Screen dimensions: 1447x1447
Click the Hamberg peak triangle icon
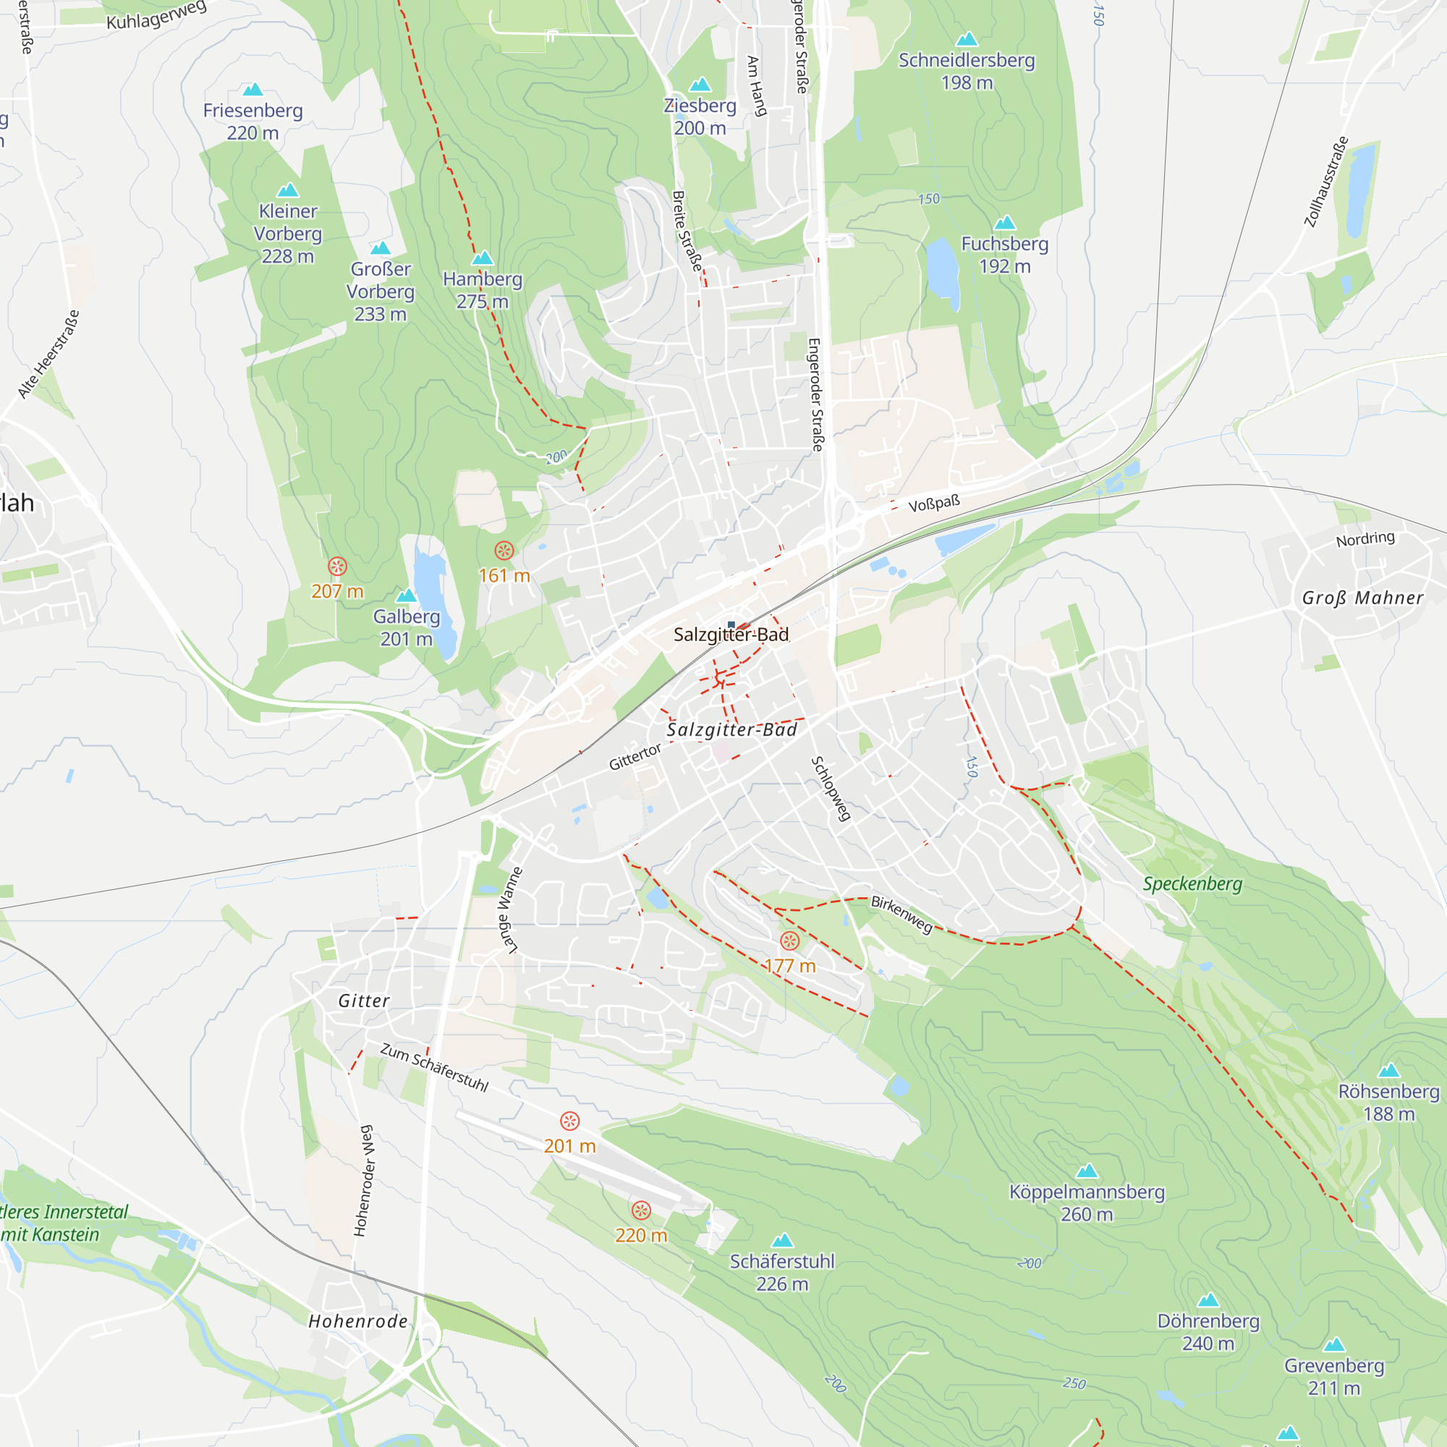483,258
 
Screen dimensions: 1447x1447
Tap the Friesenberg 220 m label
253,121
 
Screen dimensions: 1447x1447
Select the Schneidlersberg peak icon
967,39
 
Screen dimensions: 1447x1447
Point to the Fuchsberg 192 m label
1004,255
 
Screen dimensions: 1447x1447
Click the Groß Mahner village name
1362,598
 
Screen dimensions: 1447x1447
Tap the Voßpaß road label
934,503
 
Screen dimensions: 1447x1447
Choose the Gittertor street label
635,757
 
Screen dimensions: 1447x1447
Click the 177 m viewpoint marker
789,941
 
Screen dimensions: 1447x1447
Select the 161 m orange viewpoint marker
504,551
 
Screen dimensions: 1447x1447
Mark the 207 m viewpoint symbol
338,567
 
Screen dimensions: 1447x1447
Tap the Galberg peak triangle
406,595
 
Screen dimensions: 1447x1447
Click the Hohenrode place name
358,1321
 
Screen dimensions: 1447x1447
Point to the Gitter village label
364,1001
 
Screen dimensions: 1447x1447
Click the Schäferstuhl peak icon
782,1240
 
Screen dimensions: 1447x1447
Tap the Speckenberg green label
1192,884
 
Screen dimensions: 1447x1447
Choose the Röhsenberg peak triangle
1388,1070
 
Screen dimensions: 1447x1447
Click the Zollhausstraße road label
1325,182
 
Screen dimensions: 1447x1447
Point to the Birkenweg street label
901,914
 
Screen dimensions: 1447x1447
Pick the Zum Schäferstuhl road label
434,1067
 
